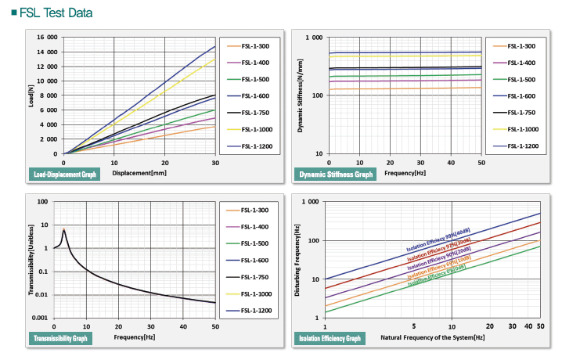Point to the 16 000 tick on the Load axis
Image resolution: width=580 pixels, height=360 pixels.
pyautogui.click(x=47, y=38)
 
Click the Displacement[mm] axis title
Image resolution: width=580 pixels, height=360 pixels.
pyautogui.click(x=139, y=172)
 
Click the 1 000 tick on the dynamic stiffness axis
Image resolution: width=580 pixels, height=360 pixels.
pyautogui.click(x=313, y=38)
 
